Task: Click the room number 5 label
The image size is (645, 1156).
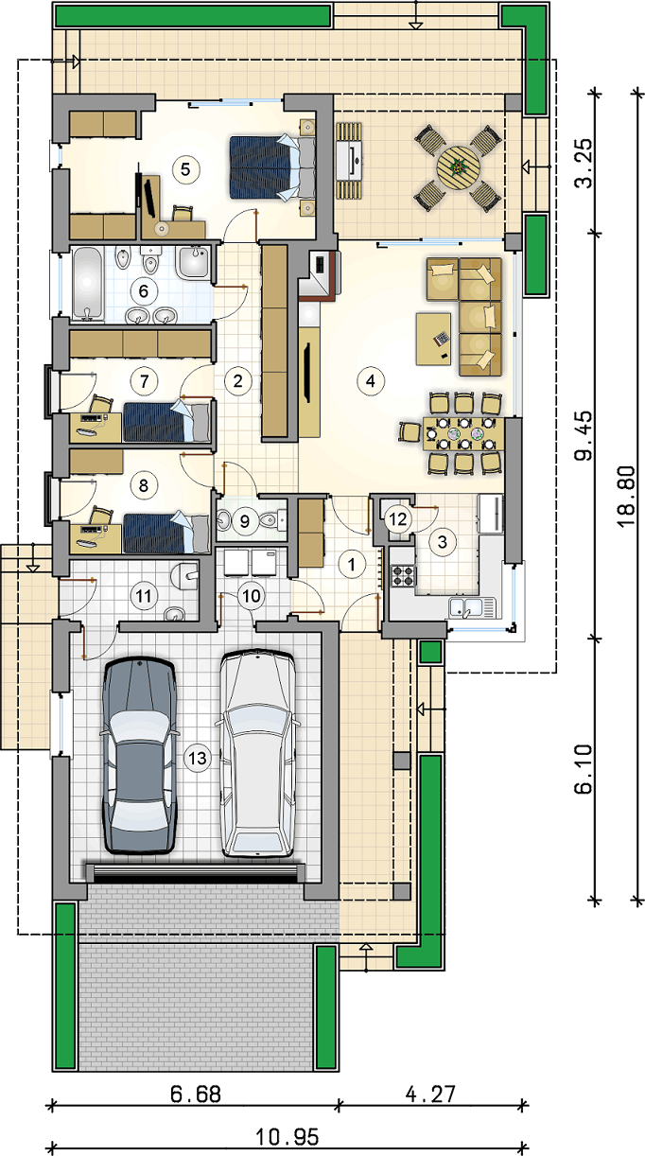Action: pos(185,169)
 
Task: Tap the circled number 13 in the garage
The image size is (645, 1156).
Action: pos(197,758)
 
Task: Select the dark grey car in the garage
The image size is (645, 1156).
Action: pos(139,756)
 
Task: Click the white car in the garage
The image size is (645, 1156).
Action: pos(256,753)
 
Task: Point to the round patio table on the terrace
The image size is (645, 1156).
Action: pos(458,166)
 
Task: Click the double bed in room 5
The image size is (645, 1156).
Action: pos(272,166)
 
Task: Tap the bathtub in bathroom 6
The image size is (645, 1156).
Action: pos(87,283)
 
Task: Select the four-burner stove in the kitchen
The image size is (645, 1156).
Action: pos(404,576)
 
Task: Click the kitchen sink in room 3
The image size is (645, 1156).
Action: pos(472,607)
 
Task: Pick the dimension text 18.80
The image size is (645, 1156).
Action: pos(625,497)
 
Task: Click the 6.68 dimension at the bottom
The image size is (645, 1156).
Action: pos(196,1095)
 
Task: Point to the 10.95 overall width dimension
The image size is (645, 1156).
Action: pos(288,1136)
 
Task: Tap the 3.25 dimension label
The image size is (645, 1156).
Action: pos(584,164)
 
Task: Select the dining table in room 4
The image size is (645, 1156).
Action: pos(463,433)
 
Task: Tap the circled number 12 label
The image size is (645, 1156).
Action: pos(398,518)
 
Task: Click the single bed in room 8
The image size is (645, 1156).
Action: pos(166,534)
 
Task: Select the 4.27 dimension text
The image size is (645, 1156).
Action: pos(431,1095)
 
